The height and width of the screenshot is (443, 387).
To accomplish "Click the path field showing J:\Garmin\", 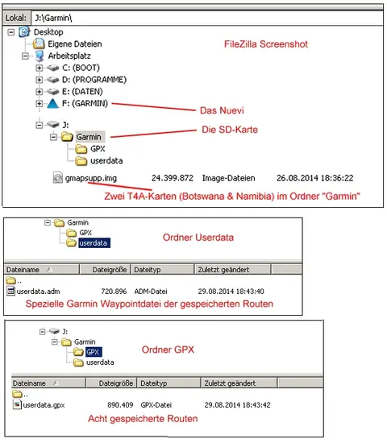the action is [207, 18].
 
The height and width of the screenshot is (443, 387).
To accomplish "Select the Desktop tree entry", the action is [48, 32].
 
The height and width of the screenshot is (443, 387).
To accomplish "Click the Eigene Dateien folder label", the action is [75, 44].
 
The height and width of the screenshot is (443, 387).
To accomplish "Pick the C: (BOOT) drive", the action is [81, 68].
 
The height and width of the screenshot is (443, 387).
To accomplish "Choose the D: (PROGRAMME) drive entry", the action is [94, 80].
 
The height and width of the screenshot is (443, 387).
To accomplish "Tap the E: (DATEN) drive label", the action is [82, 92].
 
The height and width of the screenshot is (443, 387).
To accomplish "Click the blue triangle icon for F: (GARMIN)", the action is [52, 103].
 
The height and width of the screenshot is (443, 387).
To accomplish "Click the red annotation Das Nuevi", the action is [222, 110].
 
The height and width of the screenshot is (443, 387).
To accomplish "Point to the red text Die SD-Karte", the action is [230, 130].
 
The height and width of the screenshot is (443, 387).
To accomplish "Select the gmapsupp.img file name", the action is [91, 178].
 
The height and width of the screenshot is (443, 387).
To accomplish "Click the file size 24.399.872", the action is [173, 178].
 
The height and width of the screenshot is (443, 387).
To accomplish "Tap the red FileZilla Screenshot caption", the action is [266, 44].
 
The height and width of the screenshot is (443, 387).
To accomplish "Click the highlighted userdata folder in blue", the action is [94, 243].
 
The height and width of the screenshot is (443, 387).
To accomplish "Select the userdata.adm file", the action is [38, 292].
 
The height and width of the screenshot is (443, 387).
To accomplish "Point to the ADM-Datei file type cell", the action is [151, 292].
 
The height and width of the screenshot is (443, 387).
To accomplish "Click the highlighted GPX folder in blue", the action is [93, 352].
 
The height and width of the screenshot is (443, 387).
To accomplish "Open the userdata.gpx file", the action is [44, 405].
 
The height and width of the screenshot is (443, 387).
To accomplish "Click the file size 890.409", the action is [120, 405].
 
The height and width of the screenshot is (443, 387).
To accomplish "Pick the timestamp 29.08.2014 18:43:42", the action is [237, 405].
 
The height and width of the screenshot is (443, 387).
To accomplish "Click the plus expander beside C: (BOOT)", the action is [39, 68].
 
